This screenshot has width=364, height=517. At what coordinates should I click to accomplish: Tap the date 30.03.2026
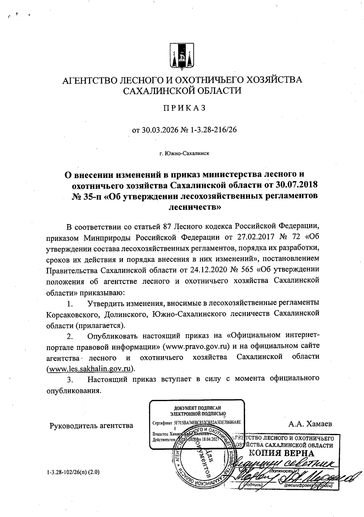tap(160, 130)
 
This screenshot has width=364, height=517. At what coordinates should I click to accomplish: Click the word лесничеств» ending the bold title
tap(194, 207)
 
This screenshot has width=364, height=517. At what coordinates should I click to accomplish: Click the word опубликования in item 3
tap(73, 390)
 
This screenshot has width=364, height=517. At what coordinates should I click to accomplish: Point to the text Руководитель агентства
tap(91, 425)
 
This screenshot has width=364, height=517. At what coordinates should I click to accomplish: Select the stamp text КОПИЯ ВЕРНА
tap(281, 453)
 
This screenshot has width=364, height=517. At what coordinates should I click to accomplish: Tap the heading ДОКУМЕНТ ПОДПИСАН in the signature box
tap(197, 408)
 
